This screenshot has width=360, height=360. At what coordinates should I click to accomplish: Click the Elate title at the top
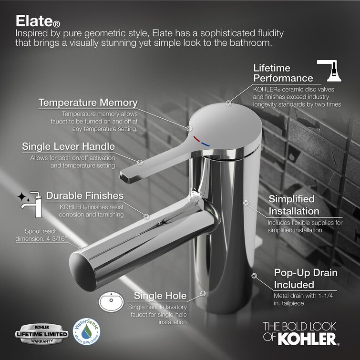coord(38,21)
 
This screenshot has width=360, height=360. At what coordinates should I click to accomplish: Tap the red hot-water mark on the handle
coord(196,139)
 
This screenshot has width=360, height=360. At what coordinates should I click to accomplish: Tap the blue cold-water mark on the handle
coord(205,144)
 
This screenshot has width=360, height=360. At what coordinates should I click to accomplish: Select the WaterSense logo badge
coord(87,331)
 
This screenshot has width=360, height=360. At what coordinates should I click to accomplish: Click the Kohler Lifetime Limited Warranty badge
coord(42,334)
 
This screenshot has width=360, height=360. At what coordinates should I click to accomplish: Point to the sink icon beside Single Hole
coord(111,302)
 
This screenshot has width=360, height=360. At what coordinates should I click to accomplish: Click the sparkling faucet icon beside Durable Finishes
coord(30,205)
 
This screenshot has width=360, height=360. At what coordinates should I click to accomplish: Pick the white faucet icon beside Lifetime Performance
coord(329,71)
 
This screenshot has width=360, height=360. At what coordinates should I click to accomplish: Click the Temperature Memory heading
coord(88,103)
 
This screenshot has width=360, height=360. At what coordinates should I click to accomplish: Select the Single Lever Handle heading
coord(68,146)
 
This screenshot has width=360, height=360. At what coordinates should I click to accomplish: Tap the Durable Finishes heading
coord(85,195)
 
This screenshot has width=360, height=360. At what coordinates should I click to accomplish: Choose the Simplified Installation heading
coord(294,205)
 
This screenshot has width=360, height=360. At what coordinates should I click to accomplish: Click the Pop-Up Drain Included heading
coord(306,278)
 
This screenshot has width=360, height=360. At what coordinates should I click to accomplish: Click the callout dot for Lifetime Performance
coord(228,103)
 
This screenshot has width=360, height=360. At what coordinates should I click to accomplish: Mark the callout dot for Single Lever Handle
coord(140,162)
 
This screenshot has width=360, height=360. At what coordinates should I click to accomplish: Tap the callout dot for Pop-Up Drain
coord(254,276)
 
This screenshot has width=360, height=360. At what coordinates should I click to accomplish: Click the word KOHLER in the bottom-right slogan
coord(307,339)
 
